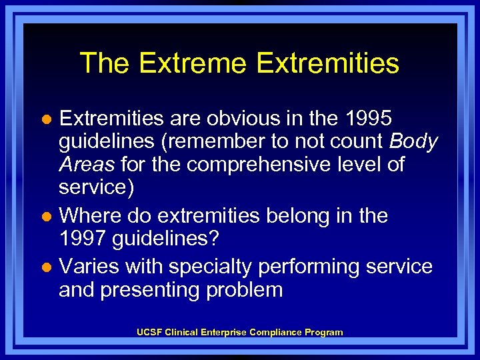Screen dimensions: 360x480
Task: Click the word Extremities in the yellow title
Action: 327,63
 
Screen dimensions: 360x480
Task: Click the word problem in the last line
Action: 247,290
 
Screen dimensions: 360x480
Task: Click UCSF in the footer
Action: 149,332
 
